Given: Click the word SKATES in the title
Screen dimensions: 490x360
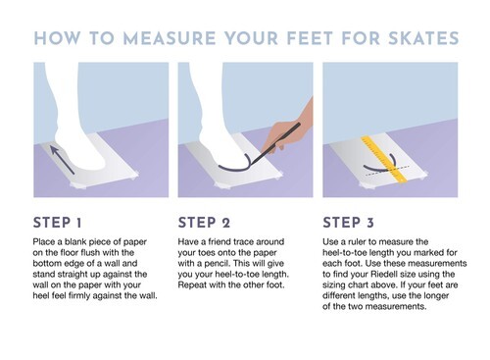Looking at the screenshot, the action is [423, 38].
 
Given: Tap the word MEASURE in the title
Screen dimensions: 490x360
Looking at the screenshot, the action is [170, 38].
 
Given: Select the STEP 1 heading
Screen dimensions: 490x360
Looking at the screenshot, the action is [57, 223].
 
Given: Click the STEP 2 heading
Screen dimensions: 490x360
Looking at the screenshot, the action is [204, 223].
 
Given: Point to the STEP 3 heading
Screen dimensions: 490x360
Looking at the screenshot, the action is [348, 223].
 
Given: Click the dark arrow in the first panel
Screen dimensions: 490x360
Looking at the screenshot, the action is [62, 160].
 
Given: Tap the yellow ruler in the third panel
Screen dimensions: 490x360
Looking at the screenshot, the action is [384, 159].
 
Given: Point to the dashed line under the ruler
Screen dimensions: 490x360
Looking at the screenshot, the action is [387, 171].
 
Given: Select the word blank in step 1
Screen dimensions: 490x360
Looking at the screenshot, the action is [75, 242].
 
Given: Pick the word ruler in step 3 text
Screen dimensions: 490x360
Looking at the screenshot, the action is [357, 242].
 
